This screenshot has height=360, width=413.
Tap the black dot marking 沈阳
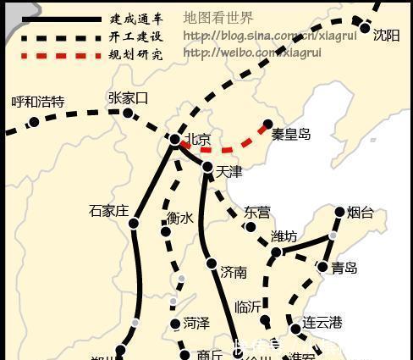pos(366,29)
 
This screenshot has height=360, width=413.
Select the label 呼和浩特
pos(37,102)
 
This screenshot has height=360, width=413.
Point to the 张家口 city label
pos(129,98)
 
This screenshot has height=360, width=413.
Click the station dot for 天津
pos(207,168)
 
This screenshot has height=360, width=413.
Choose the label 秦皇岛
pos(291,134)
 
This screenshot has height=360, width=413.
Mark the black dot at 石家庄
pos(134,224)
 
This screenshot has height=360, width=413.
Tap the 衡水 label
pos(180,219)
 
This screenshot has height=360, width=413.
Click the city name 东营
pos(257,212)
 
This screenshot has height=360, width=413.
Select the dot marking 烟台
pos(340,213)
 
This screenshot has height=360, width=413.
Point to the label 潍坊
pos(284,235)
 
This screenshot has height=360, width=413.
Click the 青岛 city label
pos(344,268)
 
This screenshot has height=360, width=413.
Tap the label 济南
pos(234,272)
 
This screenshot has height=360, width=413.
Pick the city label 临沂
pos(249,307)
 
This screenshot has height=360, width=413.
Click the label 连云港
pos(322,323)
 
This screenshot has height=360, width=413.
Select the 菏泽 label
pos(195,323)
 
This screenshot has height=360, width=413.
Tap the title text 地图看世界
pos(218,18)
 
